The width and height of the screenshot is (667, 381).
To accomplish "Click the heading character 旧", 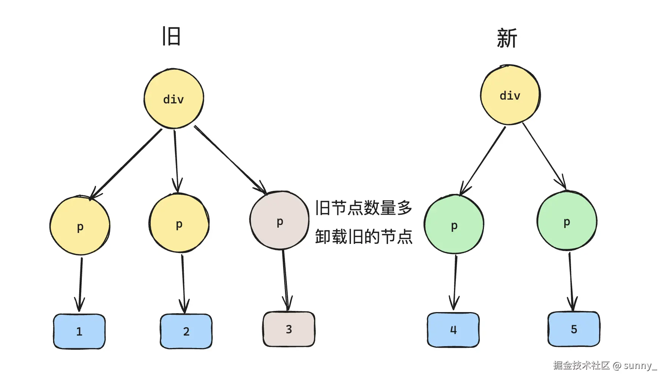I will click(x=171, y=36).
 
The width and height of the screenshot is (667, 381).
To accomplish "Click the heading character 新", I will click(x=507, y=38).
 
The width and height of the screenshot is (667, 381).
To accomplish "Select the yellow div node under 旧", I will click(x=174, y=99).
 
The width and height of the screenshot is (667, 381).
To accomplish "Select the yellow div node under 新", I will click(x=510, y=95).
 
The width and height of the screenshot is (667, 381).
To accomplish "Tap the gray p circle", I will click(x=280, y=221).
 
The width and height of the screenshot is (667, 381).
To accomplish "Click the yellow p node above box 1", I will click(x=80, y=226).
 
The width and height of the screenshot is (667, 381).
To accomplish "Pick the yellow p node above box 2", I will click(x=179, y=223).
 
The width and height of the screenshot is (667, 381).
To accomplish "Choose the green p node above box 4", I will click(x=454, y=225).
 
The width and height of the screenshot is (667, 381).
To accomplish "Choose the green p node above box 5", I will click(x=567, y=221).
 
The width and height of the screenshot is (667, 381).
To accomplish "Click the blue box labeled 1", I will click(x=79, y=331).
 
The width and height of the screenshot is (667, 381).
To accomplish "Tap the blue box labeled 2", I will click(x=186, y=331).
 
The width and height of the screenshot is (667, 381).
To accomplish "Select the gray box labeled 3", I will click(x=289, y=329).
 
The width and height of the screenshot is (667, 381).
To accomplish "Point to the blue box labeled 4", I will click(x=453, y=330).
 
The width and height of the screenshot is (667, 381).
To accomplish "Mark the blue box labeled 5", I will click(x=574, y=329).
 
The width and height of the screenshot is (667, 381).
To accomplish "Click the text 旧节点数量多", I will click(x=363, y=208).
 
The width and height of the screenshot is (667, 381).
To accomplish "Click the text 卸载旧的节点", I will click(x=363, y=237).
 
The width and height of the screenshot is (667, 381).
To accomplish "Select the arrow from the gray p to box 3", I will click(x=285, y=280).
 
